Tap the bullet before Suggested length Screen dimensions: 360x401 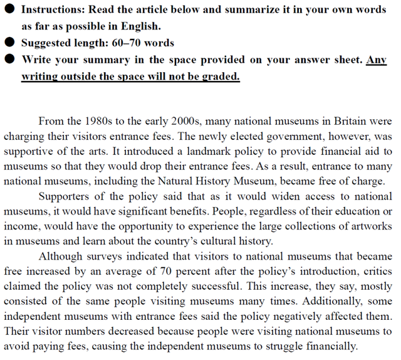(10, 43)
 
